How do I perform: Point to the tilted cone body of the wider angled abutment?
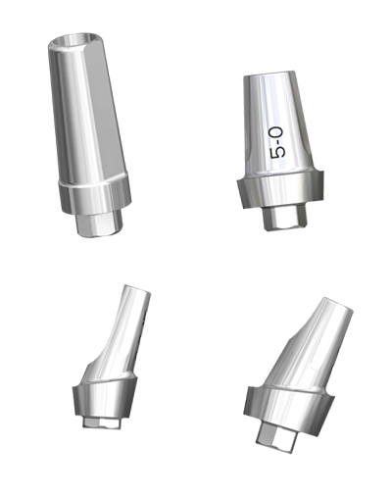click(x=309, y=348)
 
